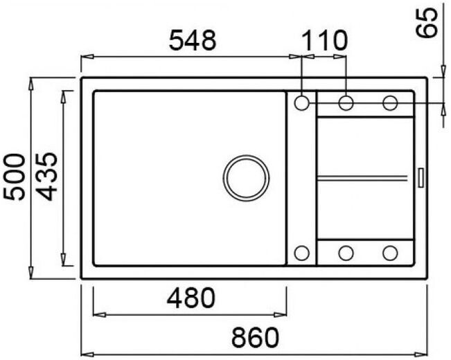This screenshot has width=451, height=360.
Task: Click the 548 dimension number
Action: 192,40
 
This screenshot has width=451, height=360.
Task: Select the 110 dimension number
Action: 324,40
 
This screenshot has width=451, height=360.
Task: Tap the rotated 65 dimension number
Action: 427,22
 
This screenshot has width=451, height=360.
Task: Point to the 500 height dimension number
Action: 14,177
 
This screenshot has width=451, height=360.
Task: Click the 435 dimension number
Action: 48,177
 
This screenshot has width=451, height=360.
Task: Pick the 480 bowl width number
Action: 191,298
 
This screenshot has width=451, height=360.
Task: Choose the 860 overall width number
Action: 256,337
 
